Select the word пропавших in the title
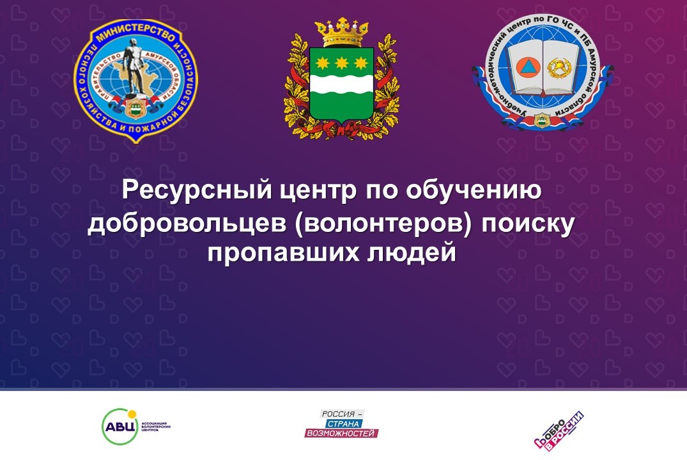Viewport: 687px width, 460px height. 282,252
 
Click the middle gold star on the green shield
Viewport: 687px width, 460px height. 341,63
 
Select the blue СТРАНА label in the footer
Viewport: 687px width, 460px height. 343,424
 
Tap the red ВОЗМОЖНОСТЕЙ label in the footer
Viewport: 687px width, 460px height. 342,433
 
